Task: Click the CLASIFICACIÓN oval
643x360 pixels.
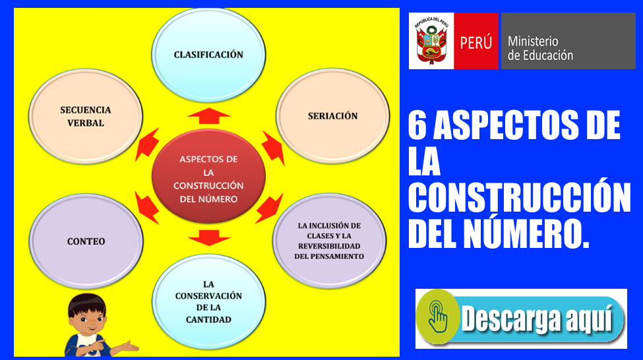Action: pyautogui.click(x=208, y=55)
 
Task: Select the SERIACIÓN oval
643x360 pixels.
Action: pyautogui.click(x=332, y=116)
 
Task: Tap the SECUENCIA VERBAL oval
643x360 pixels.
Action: pyautogui.click(x=86, y=117)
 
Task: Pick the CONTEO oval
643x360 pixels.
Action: pyautogui.click(x=86, y=241)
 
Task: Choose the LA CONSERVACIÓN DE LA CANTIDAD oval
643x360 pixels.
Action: pyautogui.click(x=208, y=302)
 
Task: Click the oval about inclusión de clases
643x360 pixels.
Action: pyautogui.click(x=329, y=241)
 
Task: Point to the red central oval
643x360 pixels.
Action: pyautogui.click(x=208, y=176)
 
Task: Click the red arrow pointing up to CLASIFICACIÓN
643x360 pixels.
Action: pyautogui.click(x=209, y=116)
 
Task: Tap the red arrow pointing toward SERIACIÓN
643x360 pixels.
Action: pyautogui.click(x=274, y=148)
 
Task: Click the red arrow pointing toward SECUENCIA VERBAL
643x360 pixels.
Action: pyautogui.click(x=147, y=144)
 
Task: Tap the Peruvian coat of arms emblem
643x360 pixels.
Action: pyautogui.click(x=431, y=41)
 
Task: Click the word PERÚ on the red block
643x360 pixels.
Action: pyautogui.click(x=475, y=42)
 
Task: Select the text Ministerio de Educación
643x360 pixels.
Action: pyautogui.click(x=540, y=48)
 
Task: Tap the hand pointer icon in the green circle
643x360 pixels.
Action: pyautogui.click(x=437, y=316)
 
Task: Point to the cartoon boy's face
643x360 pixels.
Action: pyautogui.click(x=87, y=316)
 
